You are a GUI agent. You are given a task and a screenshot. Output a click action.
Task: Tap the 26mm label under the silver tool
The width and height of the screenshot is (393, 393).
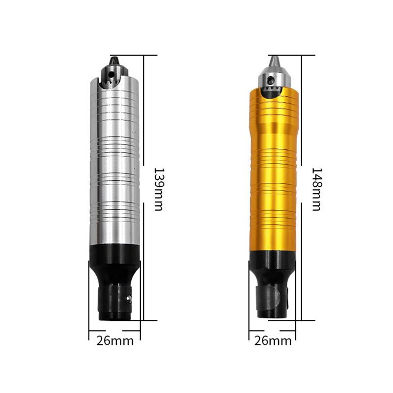115,340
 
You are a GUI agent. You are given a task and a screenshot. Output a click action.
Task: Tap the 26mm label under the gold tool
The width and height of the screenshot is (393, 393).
274,340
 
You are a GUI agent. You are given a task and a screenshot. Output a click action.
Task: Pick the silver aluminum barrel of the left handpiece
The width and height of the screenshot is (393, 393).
115,162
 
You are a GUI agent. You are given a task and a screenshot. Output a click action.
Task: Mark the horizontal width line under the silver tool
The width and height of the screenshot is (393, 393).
114,331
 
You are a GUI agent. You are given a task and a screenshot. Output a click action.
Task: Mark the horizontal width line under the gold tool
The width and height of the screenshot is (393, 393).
273,331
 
